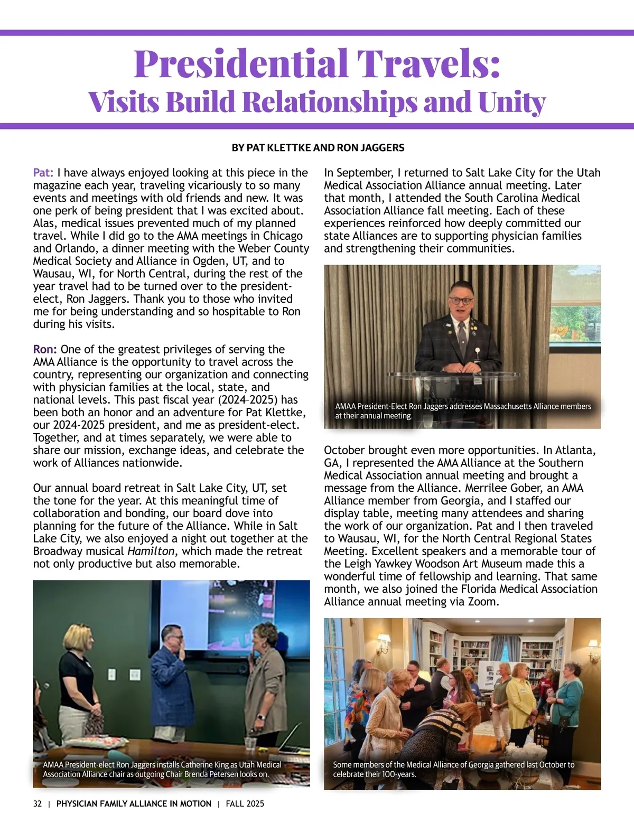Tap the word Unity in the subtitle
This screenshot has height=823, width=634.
pos(511,102)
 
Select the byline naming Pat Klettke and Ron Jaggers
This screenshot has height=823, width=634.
pos(318,148)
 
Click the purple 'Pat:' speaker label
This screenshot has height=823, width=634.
pos(43,173)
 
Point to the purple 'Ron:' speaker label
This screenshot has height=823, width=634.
pos(45,349)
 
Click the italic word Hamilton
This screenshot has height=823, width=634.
pos(151,551)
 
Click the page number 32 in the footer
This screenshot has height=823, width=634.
pos(38,803)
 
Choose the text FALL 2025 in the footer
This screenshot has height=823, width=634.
pos(245,803)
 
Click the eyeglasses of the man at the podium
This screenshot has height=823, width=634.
pos(461,301)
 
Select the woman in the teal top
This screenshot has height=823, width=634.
pos(566,697)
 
